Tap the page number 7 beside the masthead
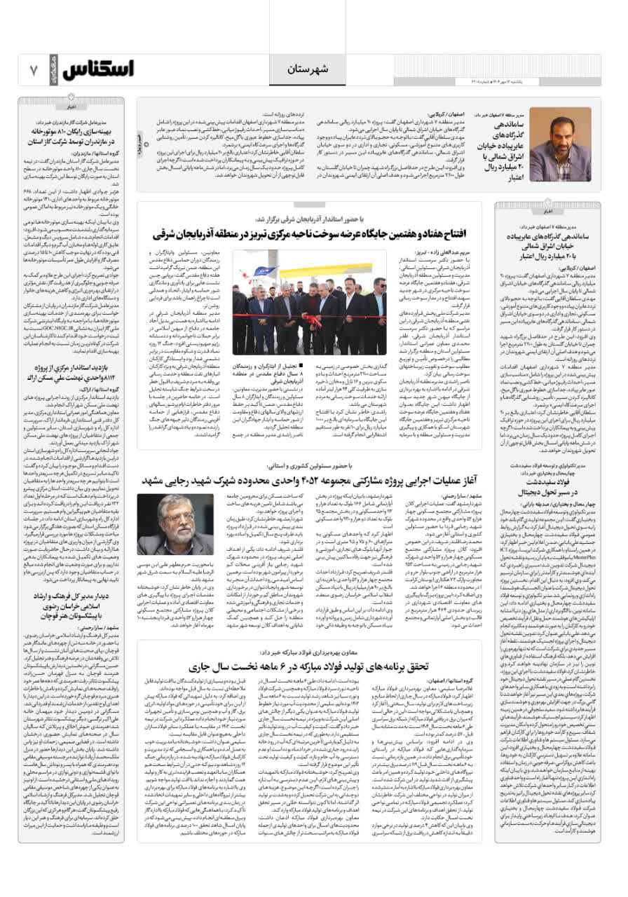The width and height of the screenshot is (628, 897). [33, 69]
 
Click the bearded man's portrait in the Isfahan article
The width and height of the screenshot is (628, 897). [559, 144]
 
